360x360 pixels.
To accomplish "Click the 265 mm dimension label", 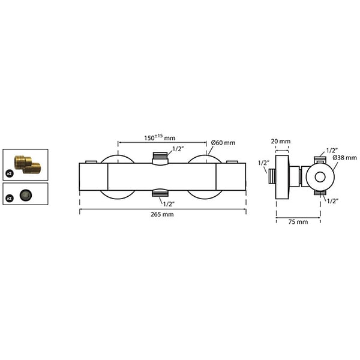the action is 162,214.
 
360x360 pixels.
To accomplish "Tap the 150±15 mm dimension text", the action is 160,137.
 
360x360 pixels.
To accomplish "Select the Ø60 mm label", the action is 223,143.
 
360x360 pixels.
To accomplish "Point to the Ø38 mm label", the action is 344,158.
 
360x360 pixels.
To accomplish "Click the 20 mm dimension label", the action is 281,141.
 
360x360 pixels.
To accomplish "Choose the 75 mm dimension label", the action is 298,222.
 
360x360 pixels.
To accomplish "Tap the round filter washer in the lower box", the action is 26,195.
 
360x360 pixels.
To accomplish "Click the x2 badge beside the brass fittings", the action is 10,173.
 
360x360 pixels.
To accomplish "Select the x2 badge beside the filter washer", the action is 10,198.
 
